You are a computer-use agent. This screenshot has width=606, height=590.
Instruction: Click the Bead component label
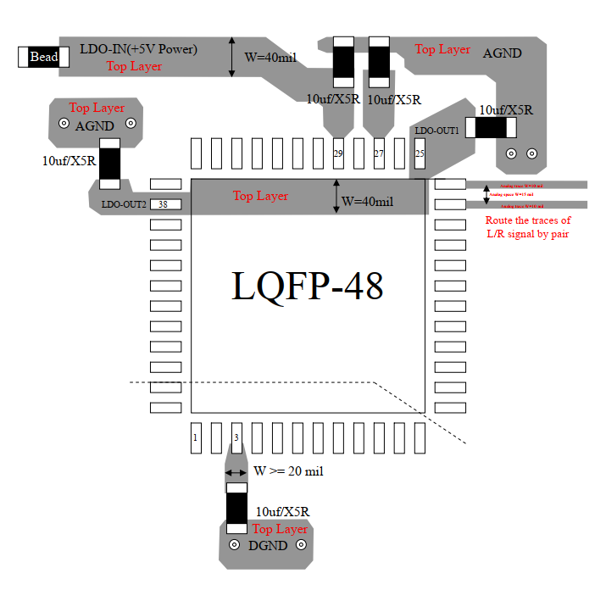click(44, 57)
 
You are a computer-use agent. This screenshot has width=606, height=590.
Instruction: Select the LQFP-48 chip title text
click(307, 286)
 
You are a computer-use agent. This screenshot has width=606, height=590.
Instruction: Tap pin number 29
click(337, 153)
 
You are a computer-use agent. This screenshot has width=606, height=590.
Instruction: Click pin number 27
click(378, 153)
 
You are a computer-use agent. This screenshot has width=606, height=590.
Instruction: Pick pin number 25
click(419, 153)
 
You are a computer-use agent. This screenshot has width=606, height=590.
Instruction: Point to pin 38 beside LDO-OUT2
click(164, 204)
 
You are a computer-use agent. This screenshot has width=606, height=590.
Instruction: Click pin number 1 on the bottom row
click(196, 437)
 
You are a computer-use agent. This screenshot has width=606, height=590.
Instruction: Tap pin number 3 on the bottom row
click(236, 437)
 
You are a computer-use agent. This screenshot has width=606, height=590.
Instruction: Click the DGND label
click(269, 546)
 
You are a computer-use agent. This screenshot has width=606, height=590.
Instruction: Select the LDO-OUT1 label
click(437, 131)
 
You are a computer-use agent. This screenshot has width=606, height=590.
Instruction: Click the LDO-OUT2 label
click(125, 204)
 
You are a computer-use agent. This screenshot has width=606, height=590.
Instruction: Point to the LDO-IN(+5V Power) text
click(138, 49)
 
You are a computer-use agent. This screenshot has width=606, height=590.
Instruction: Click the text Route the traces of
click(527, 220)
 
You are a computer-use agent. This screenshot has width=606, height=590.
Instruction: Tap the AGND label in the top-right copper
click(502, 53)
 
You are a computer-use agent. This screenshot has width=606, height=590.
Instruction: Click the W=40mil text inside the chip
click(367, 202)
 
